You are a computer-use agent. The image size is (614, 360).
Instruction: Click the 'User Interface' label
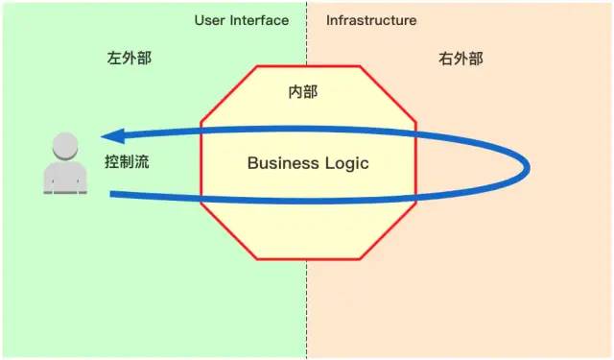tap(241, 20)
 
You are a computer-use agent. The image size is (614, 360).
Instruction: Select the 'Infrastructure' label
tap(371, 20)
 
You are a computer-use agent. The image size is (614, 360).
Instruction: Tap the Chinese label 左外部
tap(129, 59)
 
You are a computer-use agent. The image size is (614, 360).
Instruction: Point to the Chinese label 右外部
tap(460, 59)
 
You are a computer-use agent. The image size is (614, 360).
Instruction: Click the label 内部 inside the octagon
tap(303, 93)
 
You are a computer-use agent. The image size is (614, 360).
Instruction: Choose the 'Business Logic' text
tap(308, 163)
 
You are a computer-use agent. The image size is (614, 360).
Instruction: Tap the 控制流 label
tap(127, 162)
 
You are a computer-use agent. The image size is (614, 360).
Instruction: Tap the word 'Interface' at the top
tap(260, 20)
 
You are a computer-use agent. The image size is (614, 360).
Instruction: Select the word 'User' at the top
tap(210, 20)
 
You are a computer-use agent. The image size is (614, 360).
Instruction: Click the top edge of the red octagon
tap(308, 66)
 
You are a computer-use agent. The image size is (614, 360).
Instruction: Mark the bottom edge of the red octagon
tap(308, 260)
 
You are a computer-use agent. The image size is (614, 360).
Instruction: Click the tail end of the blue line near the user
tap(114, 195)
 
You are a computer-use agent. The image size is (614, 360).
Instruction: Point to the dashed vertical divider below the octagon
tap(308, 307)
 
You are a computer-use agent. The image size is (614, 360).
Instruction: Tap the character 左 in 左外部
tap(113, 59)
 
